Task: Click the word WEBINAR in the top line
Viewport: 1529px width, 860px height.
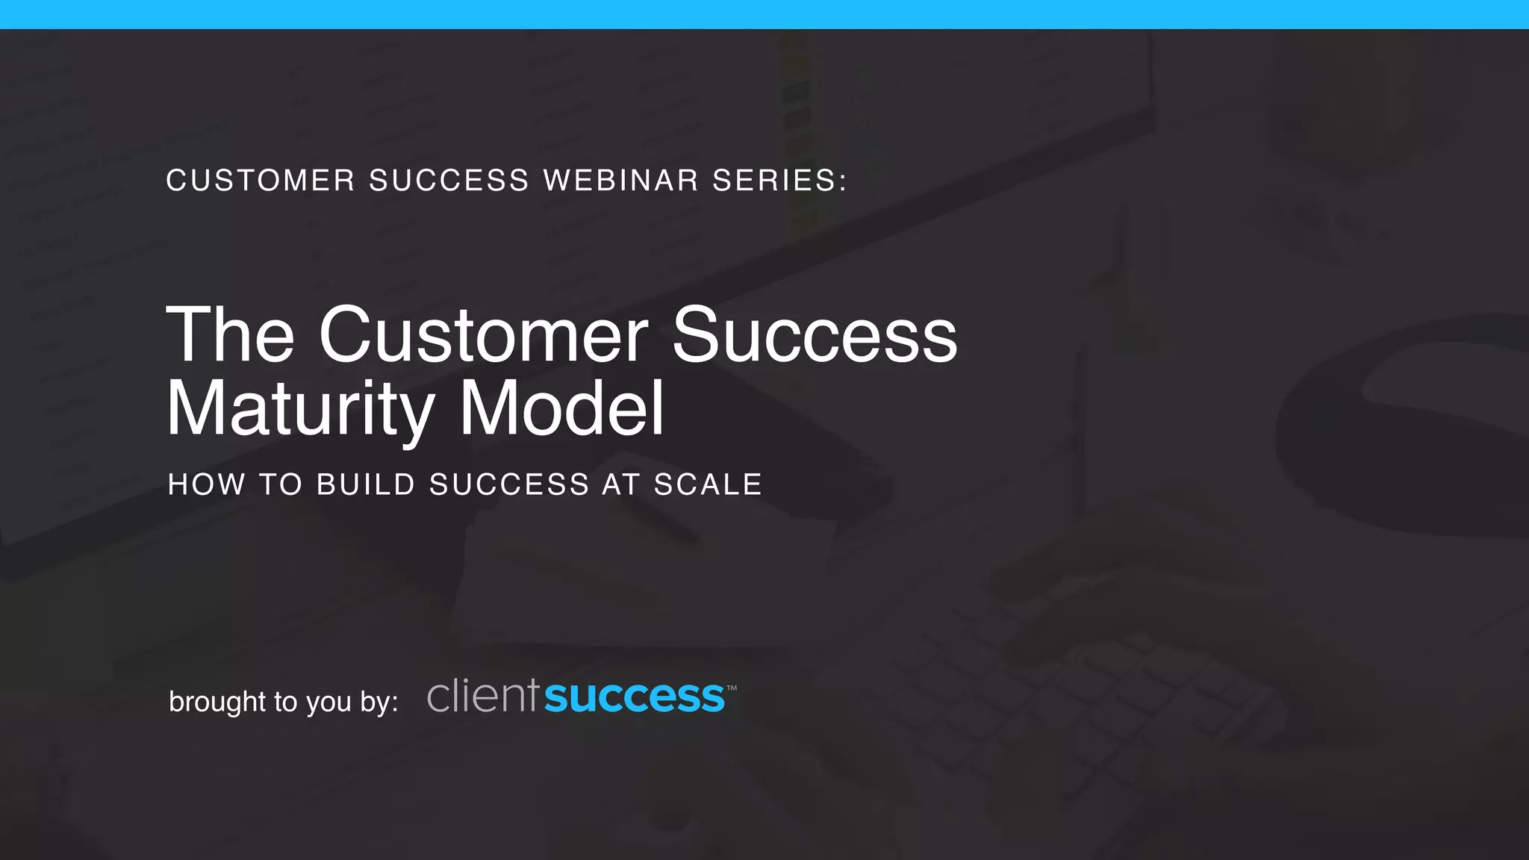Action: [620, 181]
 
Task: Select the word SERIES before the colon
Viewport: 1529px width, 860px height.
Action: [773, 181]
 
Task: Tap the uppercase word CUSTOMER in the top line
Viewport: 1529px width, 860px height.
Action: [261, 181]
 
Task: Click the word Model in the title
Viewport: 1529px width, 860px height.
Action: [561, 409]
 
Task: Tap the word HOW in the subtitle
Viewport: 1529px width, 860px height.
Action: [206, 484]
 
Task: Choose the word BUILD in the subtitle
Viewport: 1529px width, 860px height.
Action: [366, 484]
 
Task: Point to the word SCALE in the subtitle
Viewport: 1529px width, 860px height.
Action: [708, 484]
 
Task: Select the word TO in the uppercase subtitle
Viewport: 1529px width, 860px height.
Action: [280, 484]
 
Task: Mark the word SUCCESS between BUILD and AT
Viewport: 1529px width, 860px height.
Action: [509, 484]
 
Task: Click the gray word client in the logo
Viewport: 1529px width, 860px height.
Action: [482, 696]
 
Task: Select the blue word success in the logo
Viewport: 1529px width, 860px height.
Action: [635, 697]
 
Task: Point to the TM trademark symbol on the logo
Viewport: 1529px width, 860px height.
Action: [732, 688]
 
